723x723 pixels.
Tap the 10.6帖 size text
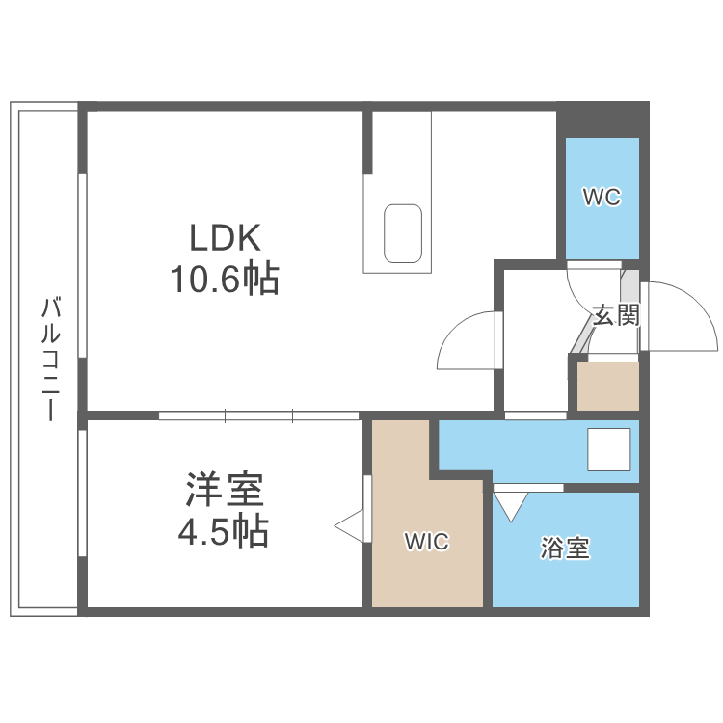(x=226, y=280)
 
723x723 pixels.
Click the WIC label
(x=425, y=542)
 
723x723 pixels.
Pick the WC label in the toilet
(x=602, y=198)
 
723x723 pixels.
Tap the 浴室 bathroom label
(x=565, y=549)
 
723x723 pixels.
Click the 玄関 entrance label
(x=616, y=315)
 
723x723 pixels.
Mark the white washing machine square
(x=608, y=449)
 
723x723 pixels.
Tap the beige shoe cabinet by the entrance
(x=607, y=386)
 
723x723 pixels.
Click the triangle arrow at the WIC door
(x=349, y=525)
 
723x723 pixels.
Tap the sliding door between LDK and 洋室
(x=258, y=416)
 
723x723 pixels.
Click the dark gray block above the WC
(x=602, y=120)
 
